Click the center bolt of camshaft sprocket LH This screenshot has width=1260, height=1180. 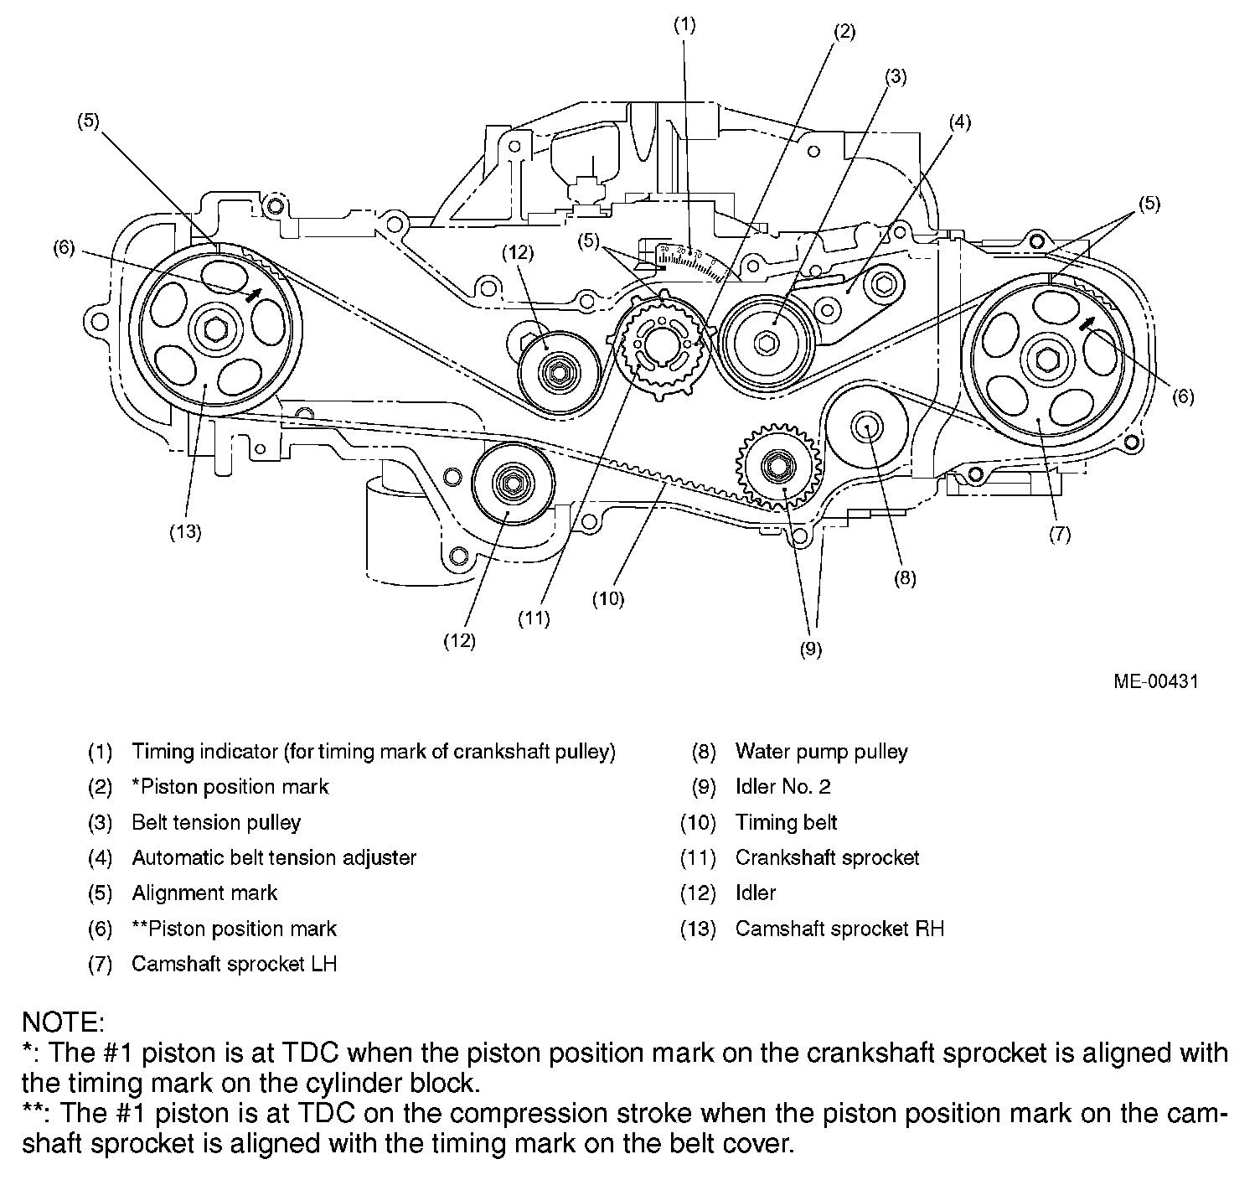1046,358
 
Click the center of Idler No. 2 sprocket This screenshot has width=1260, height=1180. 777,463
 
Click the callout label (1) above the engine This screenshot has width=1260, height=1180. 684,25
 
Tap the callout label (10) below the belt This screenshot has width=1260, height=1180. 608,599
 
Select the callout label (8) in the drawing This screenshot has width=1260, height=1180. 904,578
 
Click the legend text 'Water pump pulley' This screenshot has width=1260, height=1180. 821,752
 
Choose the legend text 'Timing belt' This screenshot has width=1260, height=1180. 786,822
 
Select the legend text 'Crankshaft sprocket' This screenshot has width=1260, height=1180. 827,857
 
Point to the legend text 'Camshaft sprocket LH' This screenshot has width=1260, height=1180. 234,964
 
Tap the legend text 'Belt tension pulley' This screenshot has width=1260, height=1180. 216,822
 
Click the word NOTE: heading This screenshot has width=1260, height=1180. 63,1022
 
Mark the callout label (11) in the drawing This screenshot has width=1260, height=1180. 534,618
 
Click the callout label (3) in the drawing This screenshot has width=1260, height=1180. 895,77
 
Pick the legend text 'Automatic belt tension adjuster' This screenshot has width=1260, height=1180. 274,857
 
